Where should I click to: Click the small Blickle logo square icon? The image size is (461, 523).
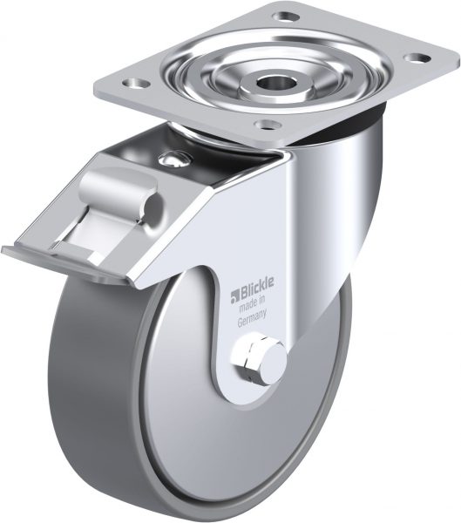(234, 295)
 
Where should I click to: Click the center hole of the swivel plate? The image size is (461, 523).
(269, 81)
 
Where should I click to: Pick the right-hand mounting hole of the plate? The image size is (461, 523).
(417, 58)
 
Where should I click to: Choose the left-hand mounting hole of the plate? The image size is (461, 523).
(136, 82)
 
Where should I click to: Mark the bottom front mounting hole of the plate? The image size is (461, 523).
(268, 125)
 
